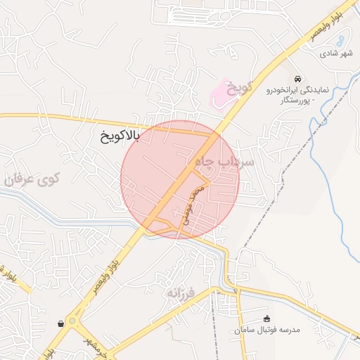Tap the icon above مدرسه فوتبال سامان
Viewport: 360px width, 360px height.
(x=266, y=319)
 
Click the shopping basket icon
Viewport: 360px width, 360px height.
(x=61, y=323)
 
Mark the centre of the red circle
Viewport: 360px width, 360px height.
(x=180, y=179)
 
